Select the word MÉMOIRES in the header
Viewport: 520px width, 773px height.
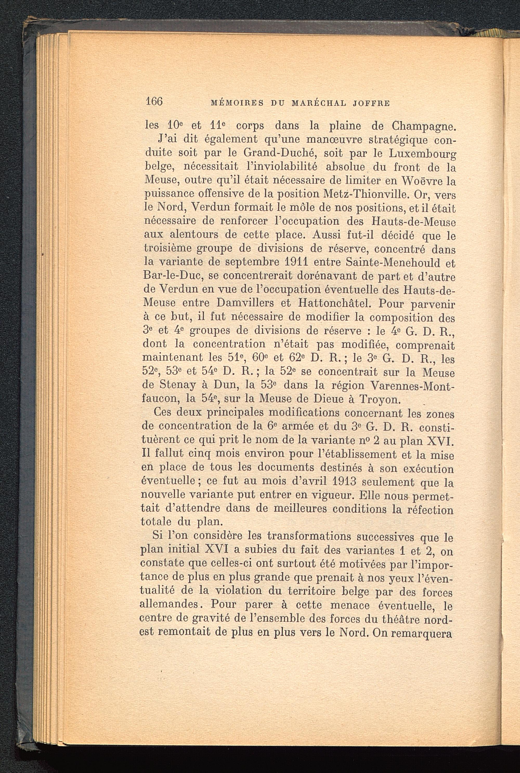pos(237,103)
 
